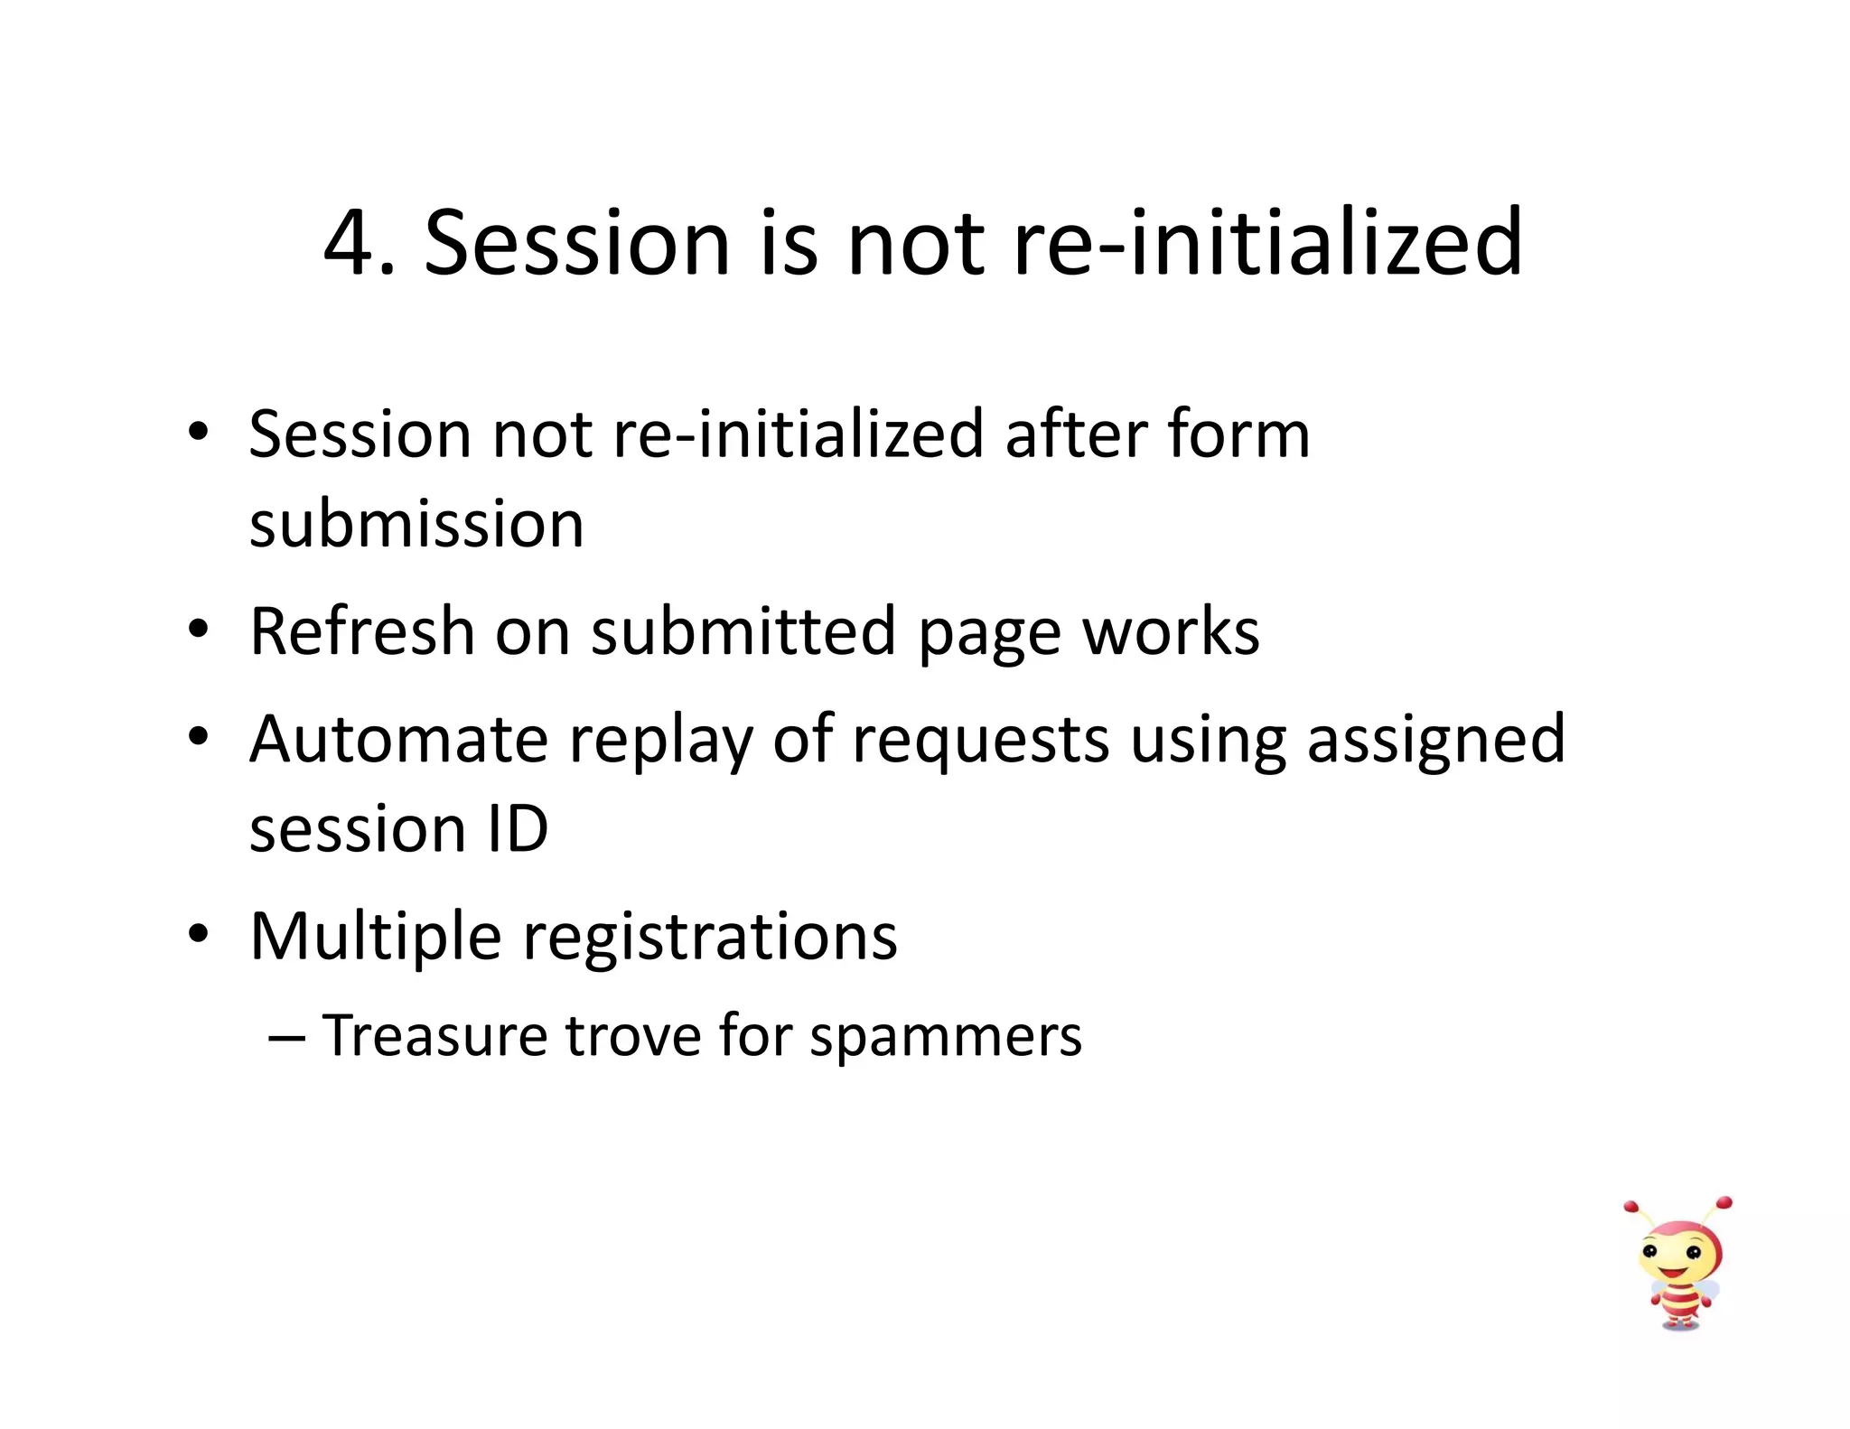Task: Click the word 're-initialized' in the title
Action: (x=1268, y=242)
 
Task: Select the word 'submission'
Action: (x=416, y=525)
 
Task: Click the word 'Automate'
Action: (x=398, y=739)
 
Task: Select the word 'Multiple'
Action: (x=375, y=936)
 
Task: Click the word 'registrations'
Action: (x=710, y=938)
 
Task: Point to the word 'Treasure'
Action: (x=434, y=1035)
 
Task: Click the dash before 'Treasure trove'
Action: (x=286, y=1037)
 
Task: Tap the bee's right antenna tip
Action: (x=1724, y=1203)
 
